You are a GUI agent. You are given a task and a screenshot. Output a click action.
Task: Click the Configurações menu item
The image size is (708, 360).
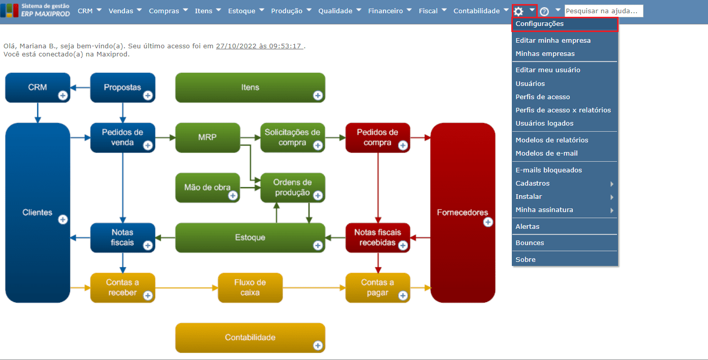click(x=539, y=24)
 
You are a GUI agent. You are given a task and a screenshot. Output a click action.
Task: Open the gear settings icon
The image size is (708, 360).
click(x=518, y=11)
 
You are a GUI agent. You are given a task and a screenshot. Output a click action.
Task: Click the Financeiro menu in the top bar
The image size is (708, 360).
click(x=385, y=11)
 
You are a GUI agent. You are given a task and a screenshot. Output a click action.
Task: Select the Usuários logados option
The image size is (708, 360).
click(x=544, y=124)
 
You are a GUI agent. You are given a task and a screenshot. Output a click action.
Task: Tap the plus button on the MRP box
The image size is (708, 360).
click(x=233, y=145)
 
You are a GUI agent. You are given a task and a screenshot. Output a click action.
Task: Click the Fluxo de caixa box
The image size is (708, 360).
click(x=250, y=288)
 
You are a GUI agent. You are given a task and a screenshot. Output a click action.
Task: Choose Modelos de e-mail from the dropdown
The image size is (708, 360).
click(x=546, y=154)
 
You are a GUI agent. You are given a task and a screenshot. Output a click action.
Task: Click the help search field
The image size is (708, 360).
click(x=603, y=11)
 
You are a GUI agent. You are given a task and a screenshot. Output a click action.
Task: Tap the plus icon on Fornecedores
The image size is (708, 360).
click(x=488, y=222)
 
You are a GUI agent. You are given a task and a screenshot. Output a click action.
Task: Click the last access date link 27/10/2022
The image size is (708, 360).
click(x=260, y=46)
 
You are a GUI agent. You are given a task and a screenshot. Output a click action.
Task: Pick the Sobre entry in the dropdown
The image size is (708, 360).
click(x=526, y=260)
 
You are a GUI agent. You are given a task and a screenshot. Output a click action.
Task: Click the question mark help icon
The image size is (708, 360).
click(x=544, y=11)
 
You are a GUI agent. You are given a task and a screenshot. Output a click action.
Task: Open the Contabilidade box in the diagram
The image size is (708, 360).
click(x=250, y=338)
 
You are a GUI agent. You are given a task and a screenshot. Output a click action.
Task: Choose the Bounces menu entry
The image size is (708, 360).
click(x=530, y=243)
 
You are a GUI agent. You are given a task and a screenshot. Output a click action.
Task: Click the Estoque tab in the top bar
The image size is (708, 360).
click(x=242, y=11)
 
